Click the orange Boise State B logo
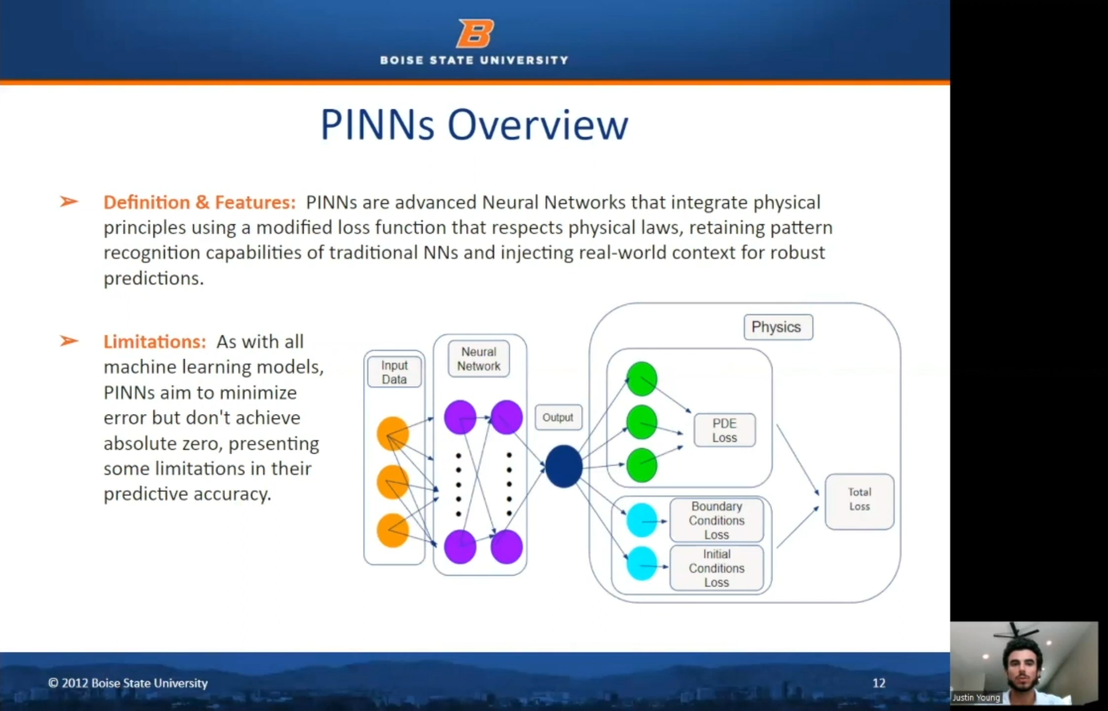coord(475,33)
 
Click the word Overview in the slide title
coord(537,124)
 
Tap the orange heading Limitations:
coord(155,342)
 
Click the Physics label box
coord(778,327)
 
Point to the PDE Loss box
coord(724,430)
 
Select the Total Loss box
coord(859,500)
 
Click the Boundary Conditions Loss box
coord(716,520)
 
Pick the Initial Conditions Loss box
coord(716,568)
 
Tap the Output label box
coord(558,418)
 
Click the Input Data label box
coord(394,372)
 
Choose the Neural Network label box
coord(478,359)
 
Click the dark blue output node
coord(564,467)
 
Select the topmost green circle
coord(642,379)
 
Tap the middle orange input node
coord(392,482)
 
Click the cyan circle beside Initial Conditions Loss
coord(642,564)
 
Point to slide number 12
coord(878,683)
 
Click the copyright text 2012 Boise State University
coord(128,683)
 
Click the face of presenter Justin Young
coord(1022,663)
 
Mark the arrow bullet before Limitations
coord(69,341)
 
